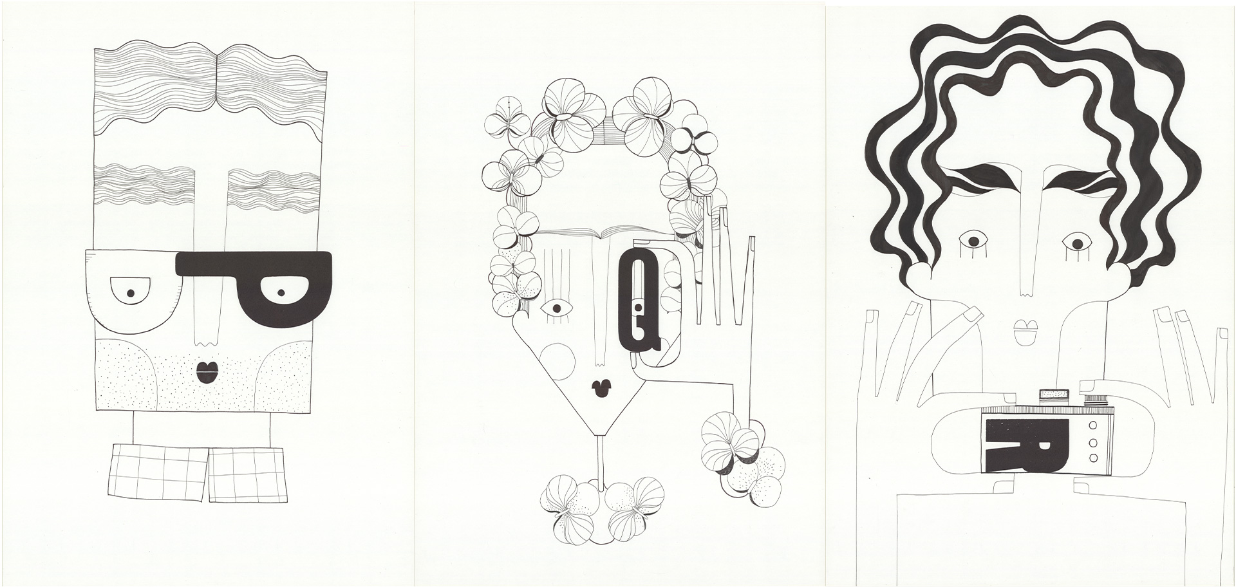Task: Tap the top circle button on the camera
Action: tap(1092, 426)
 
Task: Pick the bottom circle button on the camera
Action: tap(1092, 458)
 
